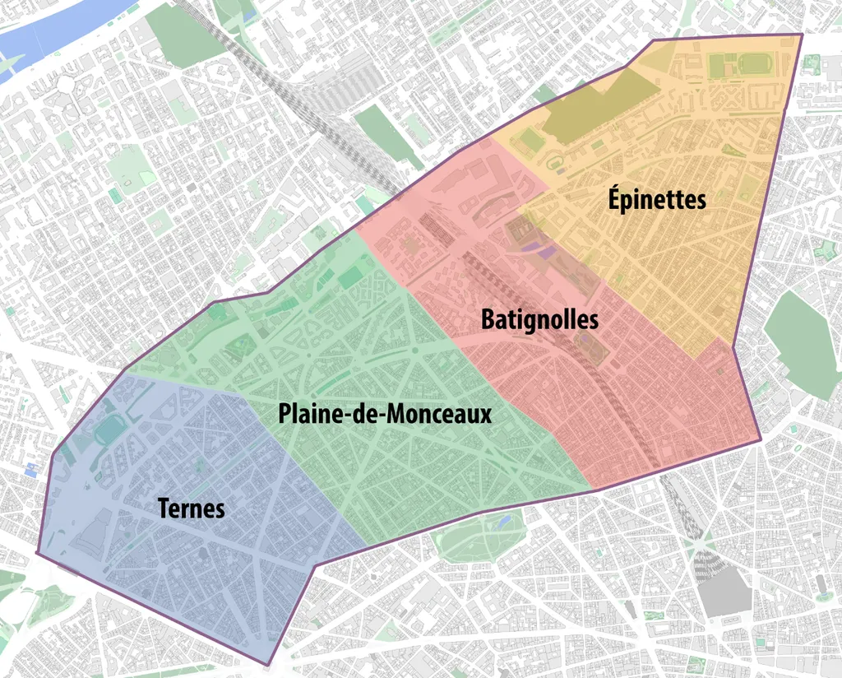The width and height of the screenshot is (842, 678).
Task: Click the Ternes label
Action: point(192,508)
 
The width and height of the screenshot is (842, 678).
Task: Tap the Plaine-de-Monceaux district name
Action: point(385,413)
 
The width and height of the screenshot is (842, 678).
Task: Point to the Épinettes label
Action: point(657,199)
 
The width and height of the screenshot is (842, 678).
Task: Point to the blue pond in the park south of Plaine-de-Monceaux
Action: point(503,522)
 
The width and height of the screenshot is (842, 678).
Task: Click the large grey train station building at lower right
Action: point(723,588)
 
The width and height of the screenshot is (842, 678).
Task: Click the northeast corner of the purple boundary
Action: point(802,35)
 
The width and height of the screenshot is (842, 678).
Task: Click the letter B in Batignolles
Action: point(488,319)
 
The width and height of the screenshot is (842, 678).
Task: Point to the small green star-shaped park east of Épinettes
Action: point(825,250)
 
